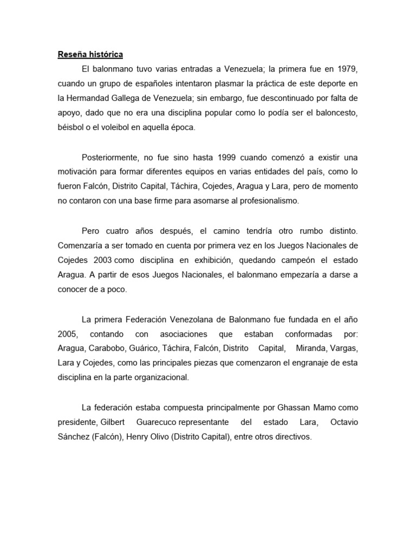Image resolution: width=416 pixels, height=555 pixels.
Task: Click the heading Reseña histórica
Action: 90,55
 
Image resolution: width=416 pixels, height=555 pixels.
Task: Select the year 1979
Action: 347,69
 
